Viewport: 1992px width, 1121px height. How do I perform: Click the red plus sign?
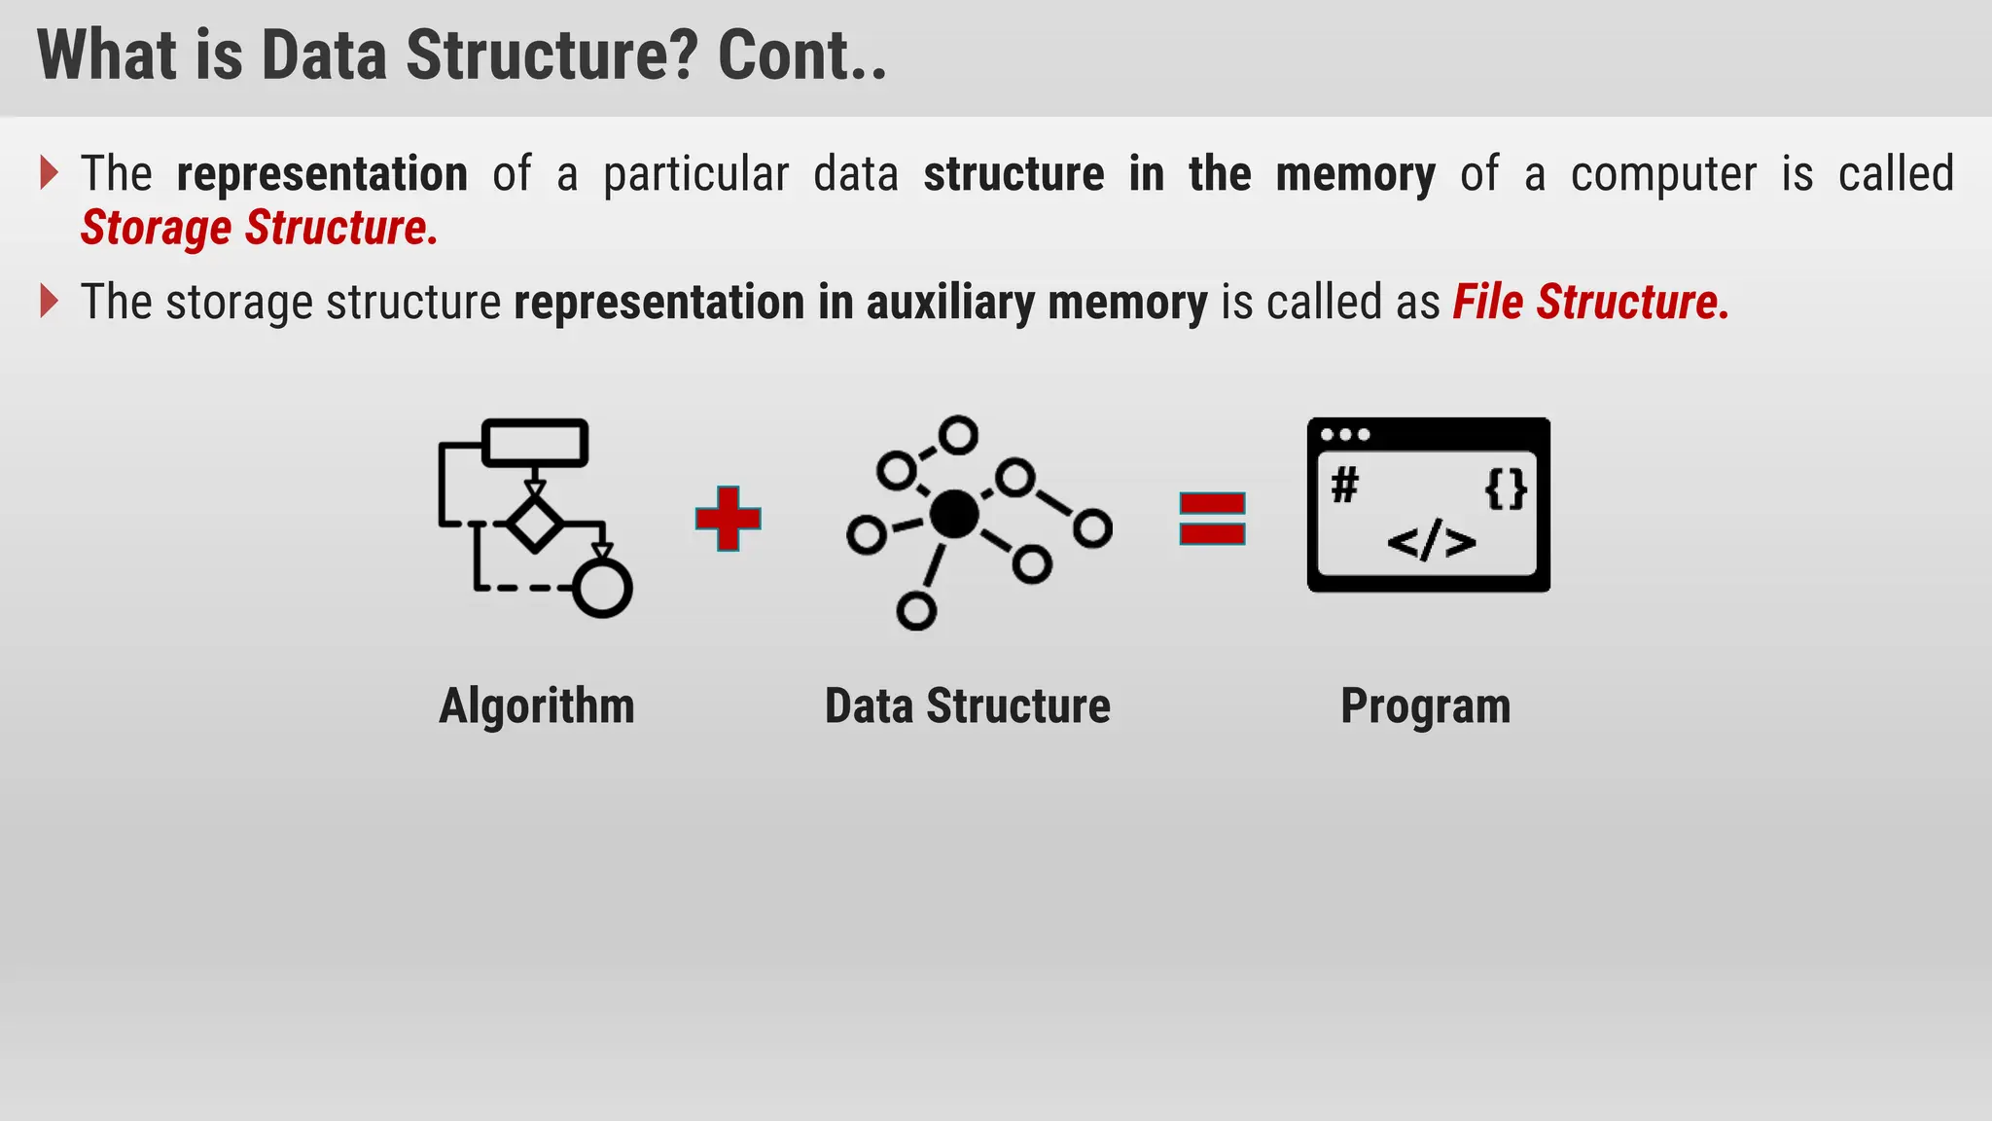tap(728, 518)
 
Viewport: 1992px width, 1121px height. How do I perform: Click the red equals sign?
tap(1212, 518)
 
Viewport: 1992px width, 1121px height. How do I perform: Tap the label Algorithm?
tap(536, 705)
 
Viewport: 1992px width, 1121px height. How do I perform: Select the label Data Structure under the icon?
tap(967, 705)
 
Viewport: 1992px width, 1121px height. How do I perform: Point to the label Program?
tap(1425, 705)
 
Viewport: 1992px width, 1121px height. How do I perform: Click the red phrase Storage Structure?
tap(259, 228)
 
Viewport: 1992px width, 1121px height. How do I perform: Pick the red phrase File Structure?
tap(1590, 302)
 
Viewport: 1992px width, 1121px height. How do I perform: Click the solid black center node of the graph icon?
tap(954, 514)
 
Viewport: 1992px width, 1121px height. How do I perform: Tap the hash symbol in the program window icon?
tap(1345, 485)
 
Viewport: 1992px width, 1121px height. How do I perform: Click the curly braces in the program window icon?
tap(1506, 488)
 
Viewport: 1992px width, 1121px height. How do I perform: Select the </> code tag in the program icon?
tap(1431, 542)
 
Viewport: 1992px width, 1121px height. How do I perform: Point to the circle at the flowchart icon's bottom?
tap(602, 588)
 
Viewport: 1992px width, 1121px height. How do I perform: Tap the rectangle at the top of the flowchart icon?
tap(535, 443)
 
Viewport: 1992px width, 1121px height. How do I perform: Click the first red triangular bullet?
tap(49, 173)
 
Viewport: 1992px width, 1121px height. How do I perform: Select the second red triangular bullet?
tap(49, 301)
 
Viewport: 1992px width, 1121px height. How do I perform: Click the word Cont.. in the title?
tap(801, 55)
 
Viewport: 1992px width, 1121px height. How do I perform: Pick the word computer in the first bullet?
tap(1663, 174)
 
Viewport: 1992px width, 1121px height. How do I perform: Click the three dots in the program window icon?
tap(1345, 434)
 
